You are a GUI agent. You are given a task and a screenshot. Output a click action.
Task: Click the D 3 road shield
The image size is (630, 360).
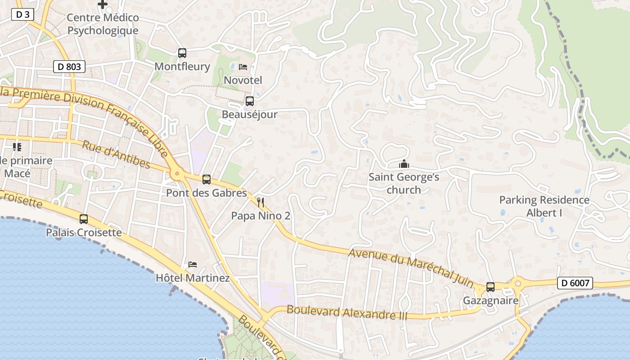[22, 14]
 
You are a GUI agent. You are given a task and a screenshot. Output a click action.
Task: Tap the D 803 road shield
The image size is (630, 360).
[69, 67]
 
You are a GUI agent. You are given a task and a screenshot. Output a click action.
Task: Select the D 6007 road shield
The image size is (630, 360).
[575, 283]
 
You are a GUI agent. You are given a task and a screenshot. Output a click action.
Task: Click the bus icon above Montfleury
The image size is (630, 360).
[182, 53]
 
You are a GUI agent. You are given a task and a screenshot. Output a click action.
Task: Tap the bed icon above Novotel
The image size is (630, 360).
[243, 67]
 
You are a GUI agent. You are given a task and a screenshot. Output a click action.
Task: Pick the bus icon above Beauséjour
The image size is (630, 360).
[249, 101]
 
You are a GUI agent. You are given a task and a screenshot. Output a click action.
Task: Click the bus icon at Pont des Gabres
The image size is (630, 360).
[206, 180]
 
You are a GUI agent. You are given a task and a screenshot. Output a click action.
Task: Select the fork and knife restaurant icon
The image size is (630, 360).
[261, 202]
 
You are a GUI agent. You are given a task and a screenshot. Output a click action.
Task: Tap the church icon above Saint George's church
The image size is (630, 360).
[404, 164]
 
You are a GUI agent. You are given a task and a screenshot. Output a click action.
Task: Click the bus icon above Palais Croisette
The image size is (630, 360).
[84, 219]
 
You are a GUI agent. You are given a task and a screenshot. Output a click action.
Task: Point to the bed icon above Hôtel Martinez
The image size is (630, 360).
[193, 265]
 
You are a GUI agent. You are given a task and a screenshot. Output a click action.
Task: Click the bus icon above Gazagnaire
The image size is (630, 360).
[490, 287]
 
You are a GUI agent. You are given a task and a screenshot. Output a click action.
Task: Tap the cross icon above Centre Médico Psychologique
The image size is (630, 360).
[103, 4]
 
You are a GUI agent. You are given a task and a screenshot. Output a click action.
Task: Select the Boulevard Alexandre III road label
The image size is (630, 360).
[346, 313]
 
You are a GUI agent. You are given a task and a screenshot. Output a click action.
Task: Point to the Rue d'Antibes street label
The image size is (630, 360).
[116, 154]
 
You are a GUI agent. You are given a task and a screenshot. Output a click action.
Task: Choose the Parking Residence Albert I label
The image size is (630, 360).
[544, 206]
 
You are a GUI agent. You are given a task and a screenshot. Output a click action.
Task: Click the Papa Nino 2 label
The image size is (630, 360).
[261, 216]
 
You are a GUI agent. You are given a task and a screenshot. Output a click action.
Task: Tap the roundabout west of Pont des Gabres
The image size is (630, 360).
[177, 173]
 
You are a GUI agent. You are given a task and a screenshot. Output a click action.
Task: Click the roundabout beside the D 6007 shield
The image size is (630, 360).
[518, 283]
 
